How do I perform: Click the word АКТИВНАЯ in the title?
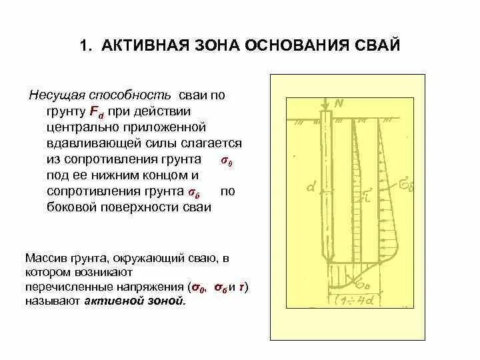[x=141, y=46]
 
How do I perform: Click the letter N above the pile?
[x=339, y=104]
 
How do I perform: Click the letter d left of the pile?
[x=311, y=189]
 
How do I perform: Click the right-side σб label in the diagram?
[x=406, y=182]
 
